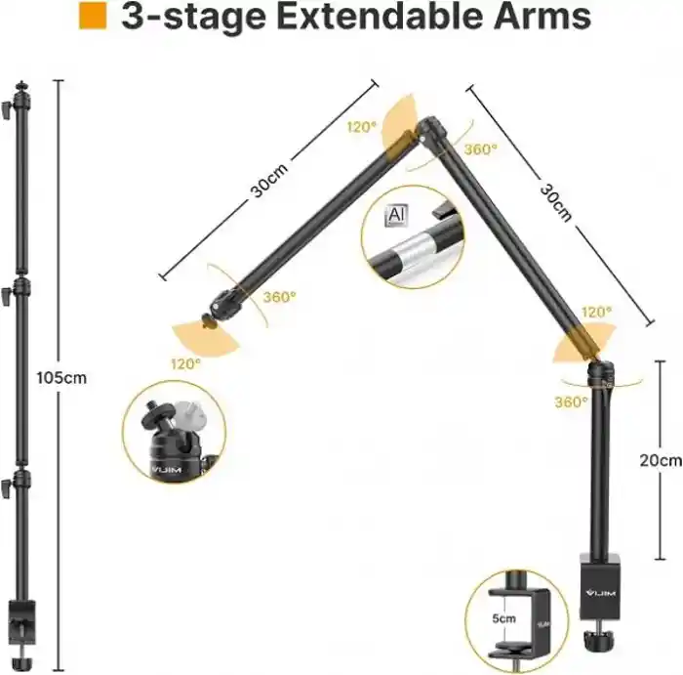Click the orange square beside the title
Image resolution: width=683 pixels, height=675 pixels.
[x=93, y=17]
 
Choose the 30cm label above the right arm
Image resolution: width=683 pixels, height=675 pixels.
[x=554, y=202]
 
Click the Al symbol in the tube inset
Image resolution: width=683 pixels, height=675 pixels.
[x=396, y=214]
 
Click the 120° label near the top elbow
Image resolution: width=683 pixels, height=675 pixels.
[x=361, y=127]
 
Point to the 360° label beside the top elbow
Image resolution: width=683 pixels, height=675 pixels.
[x=479, y=148]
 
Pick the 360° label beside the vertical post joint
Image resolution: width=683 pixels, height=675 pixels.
[x=571, y=401]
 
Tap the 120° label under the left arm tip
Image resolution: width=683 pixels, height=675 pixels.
[x=185, y=362]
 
